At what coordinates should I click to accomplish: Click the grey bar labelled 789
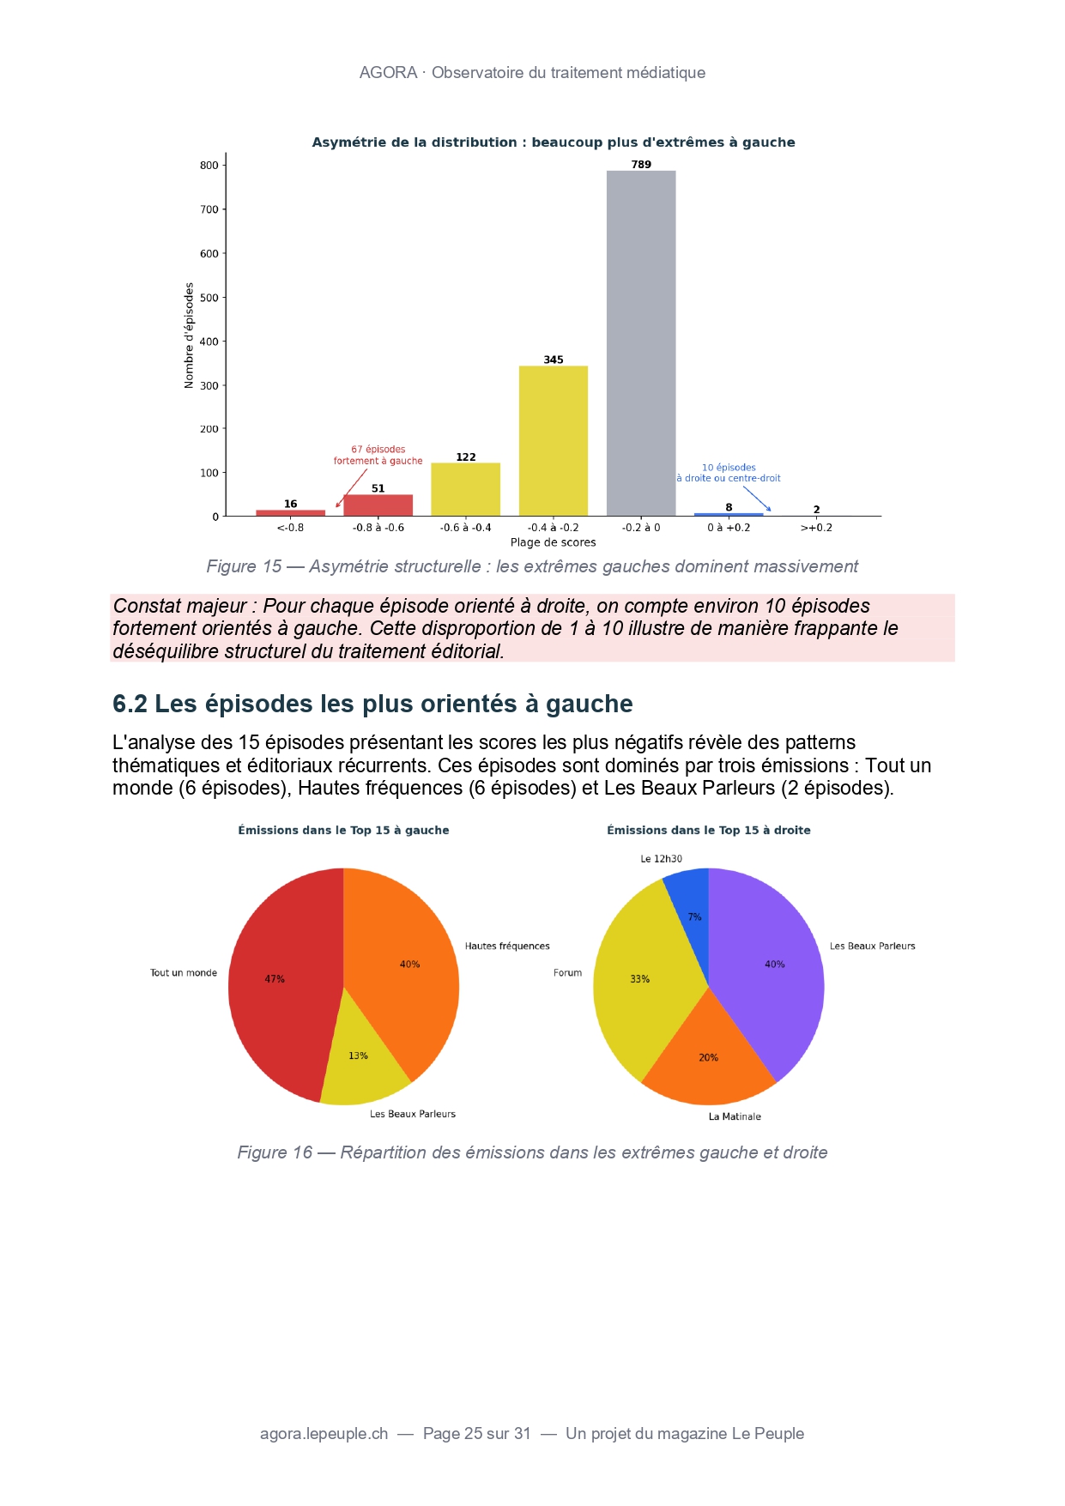click(640, 343)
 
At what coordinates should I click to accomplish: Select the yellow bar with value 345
click(553, 441)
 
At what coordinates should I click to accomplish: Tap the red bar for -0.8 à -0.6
click(378, 505)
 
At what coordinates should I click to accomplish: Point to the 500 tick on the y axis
click(209, 298)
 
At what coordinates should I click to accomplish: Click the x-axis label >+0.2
click(816, 528)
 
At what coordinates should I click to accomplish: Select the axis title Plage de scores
click(553, 542)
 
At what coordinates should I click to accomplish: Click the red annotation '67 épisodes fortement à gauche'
click(378, 455)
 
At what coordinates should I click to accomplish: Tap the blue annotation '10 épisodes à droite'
click(729, 473)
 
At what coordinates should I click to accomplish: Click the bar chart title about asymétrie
click(553, 142)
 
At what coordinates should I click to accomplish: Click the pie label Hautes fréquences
click(507, 947)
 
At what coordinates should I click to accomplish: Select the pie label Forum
click(567, 973)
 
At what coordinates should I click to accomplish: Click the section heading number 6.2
click(130, 704)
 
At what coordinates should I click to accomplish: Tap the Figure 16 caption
click(532, 1152)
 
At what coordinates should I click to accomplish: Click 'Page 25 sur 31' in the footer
click(477, 1434)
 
